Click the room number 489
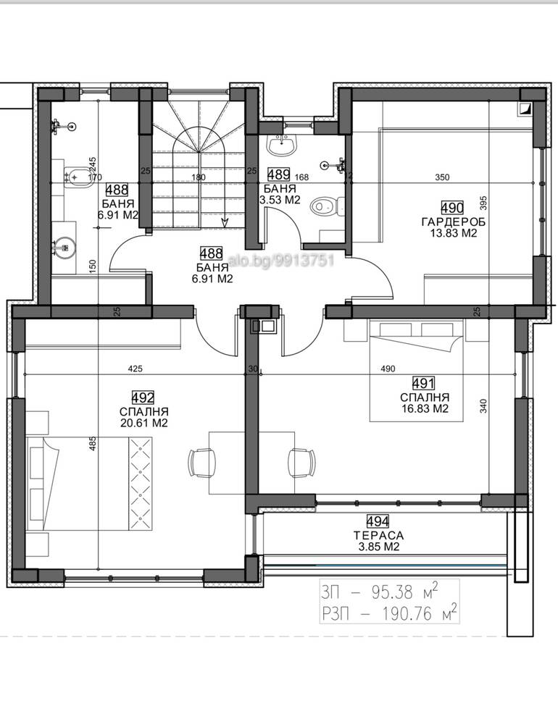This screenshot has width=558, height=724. click(x=279, y=175)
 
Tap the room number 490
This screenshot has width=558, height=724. click(x=452, y=208)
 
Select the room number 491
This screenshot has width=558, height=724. click(x=423, y=383)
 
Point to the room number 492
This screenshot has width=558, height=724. click(x=143, y=397)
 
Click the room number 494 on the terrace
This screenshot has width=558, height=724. click(x=378, y=522)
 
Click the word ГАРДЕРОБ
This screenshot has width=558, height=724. click(x=454, y=222)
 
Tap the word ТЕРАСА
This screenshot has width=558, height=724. click(x=378, y=536)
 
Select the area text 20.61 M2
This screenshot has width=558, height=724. click(x=143, y=423)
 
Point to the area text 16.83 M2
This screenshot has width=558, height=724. click(x=425, y=408)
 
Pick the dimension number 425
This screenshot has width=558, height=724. click(x=135, y=369)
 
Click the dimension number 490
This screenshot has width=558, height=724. click(x=388, y=369)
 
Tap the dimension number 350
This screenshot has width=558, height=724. click(x=442, y=177)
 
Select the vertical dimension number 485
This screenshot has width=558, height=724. click(x=93, y=444)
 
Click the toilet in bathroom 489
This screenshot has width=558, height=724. click(x=328, y=206)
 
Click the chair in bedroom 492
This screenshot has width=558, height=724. click(x=202, y=463)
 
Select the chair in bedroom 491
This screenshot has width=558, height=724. click(x=301, y=463)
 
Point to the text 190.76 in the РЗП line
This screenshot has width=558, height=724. click(x=407, y=614)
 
